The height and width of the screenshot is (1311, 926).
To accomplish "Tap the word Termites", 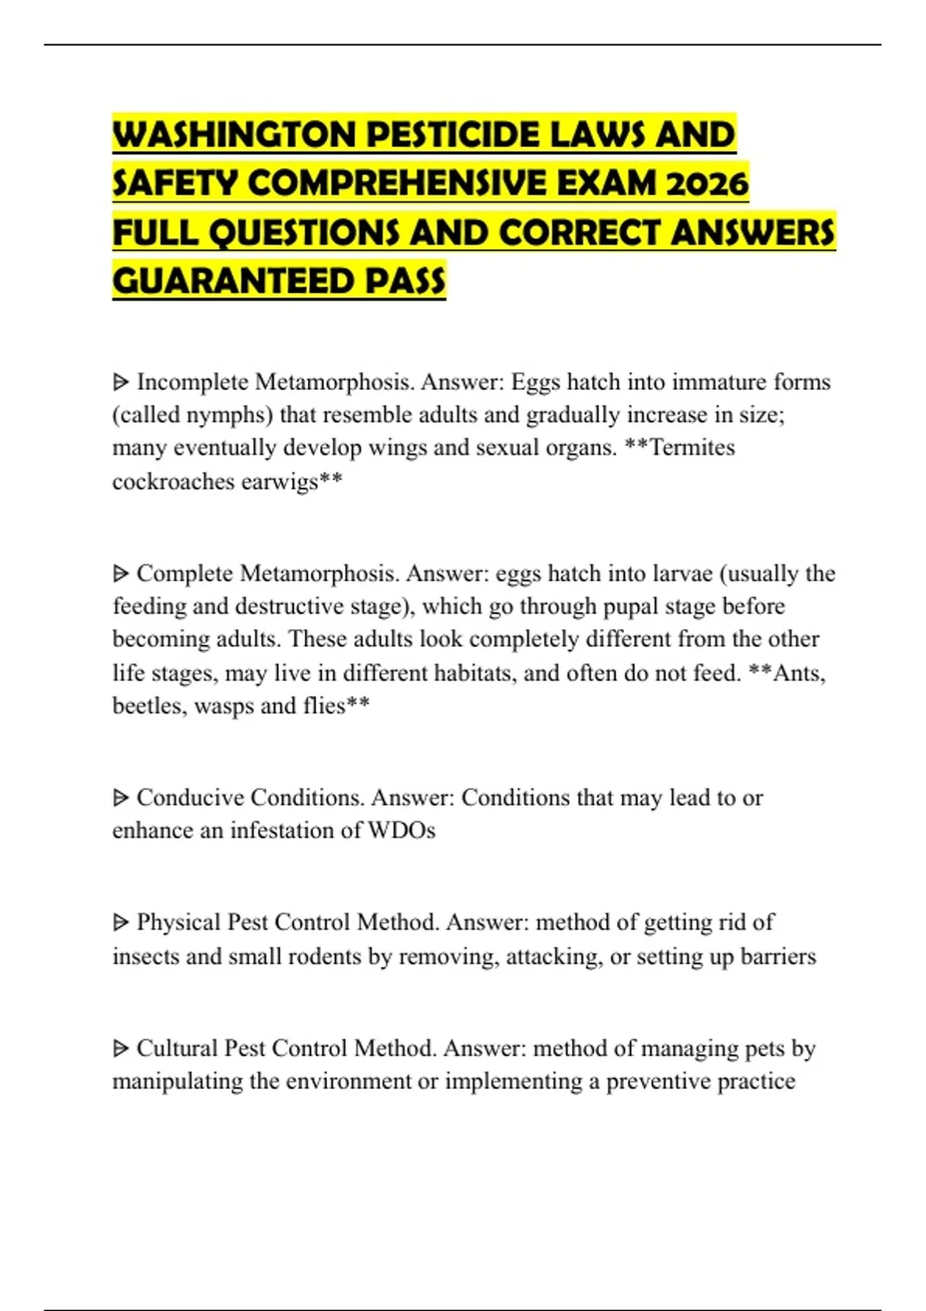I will click(x=692, y=447).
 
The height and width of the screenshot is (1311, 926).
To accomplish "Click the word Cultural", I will click(x=177, y=1048).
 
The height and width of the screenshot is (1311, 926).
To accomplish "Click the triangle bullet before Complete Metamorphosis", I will click(x=120, y=574).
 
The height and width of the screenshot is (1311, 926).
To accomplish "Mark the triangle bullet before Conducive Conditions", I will click(x=120, y=798).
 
